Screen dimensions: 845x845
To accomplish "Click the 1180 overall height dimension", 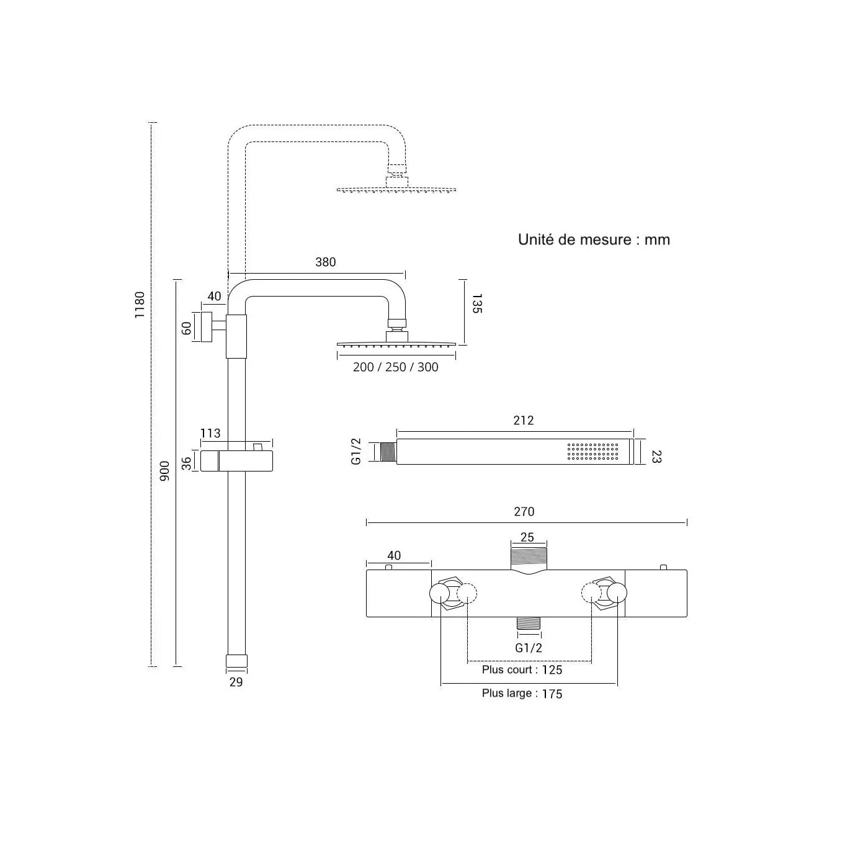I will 140,305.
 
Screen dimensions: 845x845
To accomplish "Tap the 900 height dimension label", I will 164,473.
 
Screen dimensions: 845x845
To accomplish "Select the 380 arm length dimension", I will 326,262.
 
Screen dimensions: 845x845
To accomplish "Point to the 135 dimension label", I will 476,303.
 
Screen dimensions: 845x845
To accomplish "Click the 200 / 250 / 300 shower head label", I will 396,367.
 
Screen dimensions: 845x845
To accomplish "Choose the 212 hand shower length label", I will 524,421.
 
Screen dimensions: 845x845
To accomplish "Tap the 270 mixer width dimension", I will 524,512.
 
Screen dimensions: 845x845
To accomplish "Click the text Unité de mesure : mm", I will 594,239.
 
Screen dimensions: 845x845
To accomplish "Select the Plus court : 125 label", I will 522,670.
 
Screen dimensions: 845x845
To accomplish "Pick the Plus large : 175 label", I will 522,694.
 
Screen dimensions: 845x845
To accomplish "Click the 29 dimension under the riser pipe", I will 236,682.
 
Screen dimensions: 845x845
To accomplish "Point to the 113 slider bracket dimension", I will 211,433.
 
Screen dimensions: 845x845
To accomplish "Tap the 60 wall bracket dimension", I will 187,328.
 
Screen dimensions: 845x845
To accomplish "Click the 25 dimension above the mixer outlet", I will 527,538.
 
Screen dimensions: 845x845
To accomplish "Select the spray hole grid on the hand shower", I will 592,452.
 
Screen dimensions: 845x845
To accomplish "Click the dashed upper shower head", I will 396,189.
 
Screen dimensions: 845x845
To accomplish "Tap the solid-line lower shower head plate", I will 396,344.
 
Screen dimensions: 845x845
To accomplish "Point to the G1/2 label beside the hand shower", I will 356,452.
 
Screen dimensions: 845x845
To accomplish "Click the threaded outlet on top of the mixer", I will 528,558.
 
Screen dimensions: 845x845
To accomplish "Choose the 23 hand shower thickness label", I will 657,457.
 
